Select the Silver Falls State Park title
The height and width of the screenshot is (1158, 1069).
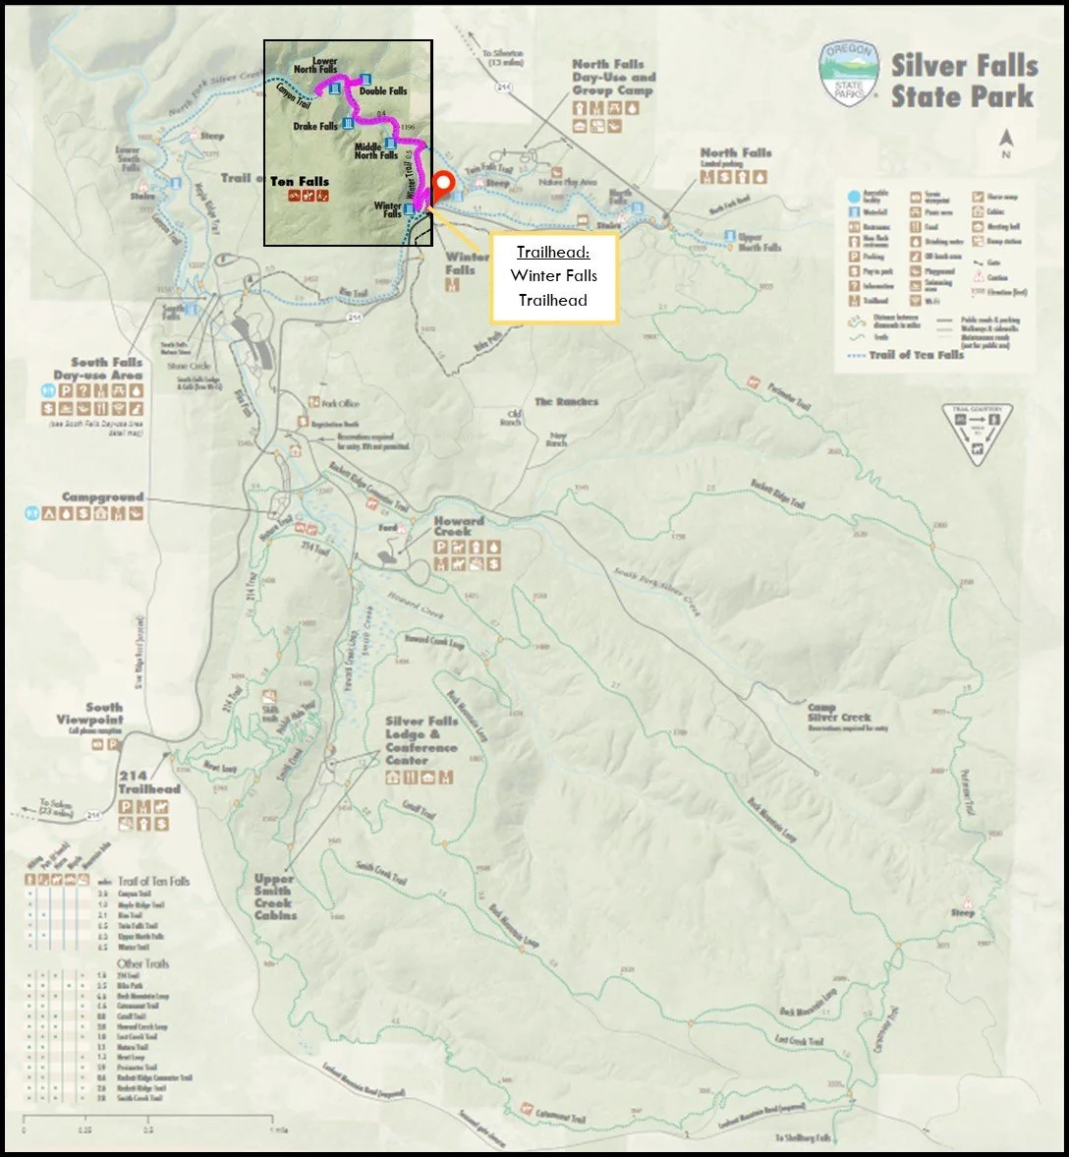pos(963,81)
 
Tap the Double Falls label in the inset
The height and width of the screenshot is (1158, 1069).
pos(383,91)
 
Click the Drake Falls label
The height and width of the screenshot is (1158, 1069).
pos(315,127)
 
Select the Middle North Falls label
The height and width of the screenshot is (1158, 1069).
pos(375,150)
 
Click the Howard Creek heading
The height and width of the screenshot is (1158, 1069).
pos(459,526)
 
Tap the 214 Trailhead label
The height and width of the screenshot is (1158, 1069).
pos(149,782)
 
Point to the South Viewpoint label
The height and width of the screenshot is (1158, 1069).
pos(90,714)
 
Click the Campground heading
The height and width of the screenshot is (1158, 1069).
pos(102,497)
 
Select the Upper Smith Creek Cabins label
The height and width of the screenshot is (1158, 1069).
pos(273,897)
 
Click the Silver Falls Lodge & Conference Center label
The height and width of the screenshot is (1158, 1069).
pos(421,740)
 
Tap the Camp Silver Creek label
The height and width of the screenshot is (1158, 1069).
pos(839,713)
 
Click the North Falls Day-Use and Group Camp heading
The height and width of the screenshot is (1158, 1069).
pos(614,77)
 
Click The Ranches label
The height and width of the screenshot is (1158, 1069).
pos(566,402)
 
